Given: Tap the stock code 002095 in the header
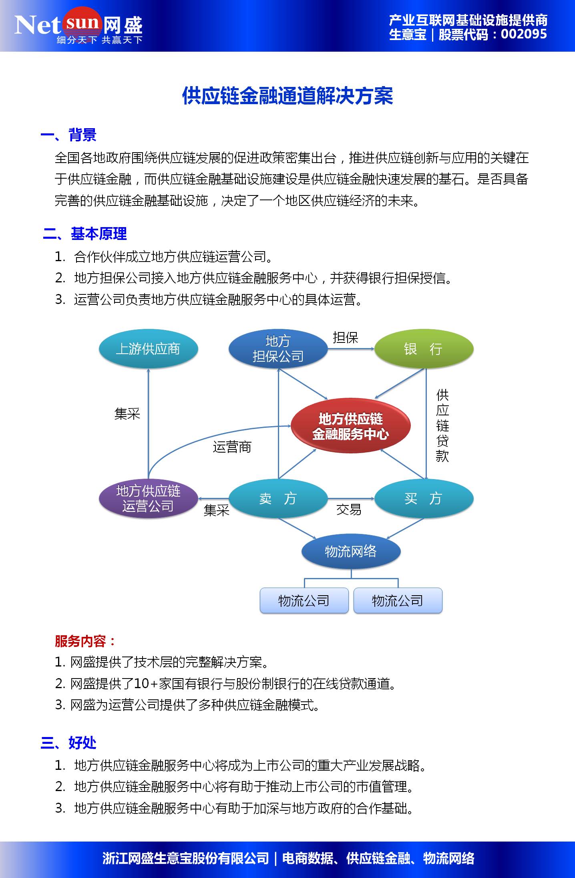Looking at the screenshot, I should tap(523, 34).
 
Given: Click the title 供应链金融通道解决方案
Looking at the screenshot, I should tap(287, 96).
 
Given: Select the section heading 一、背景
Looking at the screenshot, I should tap(68, 135).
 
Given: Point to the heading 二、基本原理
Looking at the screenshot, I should tap(85, 234).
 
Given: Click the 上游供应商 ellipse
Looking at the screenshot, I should tap(148, 349).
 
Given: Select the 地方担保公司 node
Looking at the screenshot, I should tap(278, 349).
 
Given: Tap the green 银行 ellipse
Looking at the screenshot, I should tap(424, 349).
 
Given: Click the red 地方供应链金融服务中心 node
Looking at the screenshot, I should tap(350, 426).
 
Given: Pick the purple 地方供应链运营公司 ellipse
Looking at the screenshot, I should tap(148, 499).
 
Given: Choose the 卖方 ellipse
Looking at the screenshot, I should tap(278, 499).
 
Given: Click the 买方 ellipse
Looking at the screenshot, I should tap(424, 499).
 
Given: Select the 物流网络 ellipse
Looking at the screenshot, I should tap(351, 552).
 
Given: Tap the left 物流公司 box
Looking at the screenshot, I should tap(304, 600).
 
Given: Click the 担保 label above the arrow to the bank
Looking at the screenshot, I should tap(345, 338).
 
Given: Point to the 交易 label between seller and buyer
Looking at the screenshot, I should tap(348, 509).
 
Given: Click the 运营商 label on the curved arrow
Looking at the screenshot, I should tap(232, 447).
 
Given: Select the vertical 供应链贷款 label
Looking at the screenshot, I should tap(442, 425).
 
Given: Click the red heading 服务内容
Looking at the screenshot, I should tap(84, 641).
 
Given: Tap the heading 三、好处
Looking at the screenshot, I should tap(68, 743).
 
